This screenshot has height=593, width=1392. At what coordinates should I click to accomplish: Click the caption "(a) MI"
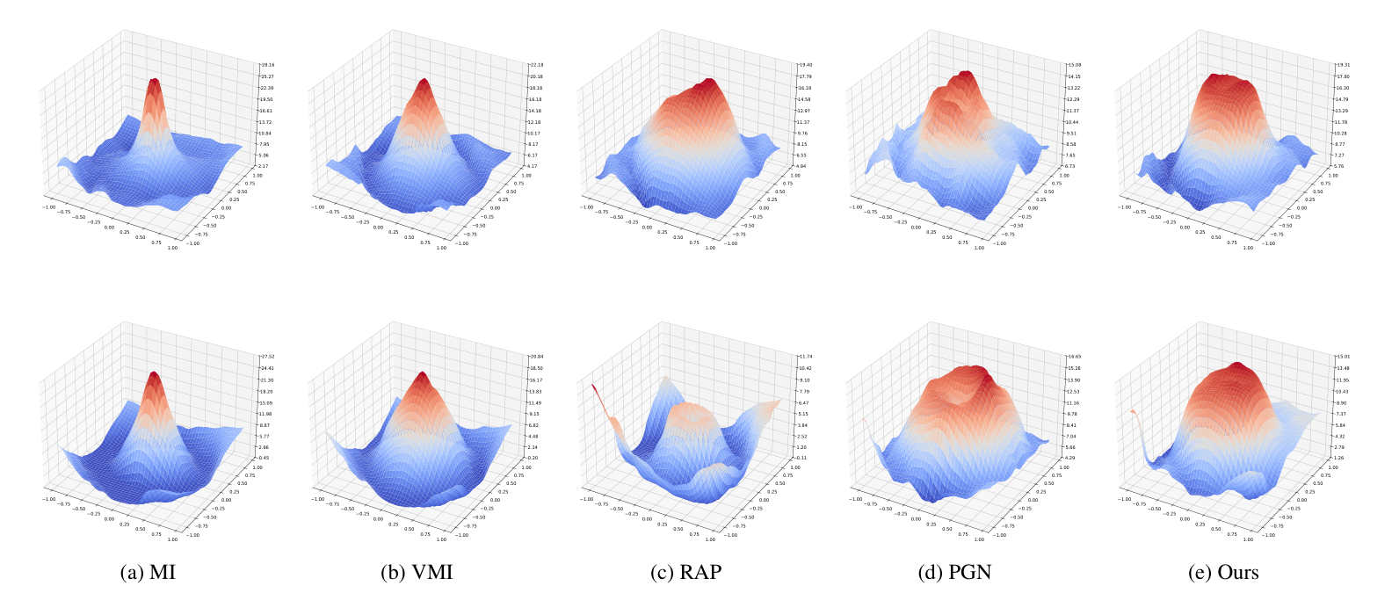[147, 573]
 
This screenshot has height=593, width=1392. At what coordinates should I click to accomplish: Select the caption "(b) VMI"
[417, 573]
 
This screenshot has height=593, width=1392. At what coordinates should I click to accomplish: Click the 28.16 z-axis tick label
[267, 65]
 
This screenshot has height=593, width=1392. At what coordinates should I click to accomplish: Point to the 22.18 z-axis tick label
[536, 65]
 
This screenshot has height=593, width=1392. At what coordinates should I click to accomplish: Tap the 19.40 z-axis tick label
[806, 65]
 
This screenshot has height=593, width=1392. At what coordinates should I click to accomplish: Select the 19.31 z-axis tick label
[1343, 65]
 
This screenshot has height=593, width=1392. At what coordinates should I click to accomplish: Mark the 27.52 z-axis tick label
[267, 357]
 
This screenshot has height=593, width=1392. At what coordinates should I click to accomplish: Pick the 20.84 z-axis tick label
[536, 357]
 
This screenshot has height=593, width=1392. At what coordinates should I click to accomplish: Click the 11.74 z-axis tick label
[806, 357]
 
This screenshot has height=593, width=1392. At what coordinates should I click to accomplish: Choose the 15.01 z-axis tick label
[1343, 357]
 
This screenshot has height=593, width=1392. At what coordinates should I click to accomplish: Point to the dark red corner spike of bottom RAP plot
[593, 387]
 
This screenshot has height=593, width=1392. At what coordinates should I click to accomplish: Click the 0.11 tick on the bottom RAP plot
[802, 458]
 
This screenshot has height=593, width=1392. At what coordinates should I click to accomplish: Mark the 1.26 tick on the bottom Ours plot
[1339, 458]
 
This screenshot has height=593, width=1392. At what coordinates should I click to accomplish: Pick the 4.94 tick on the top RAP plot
[802, 166]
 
